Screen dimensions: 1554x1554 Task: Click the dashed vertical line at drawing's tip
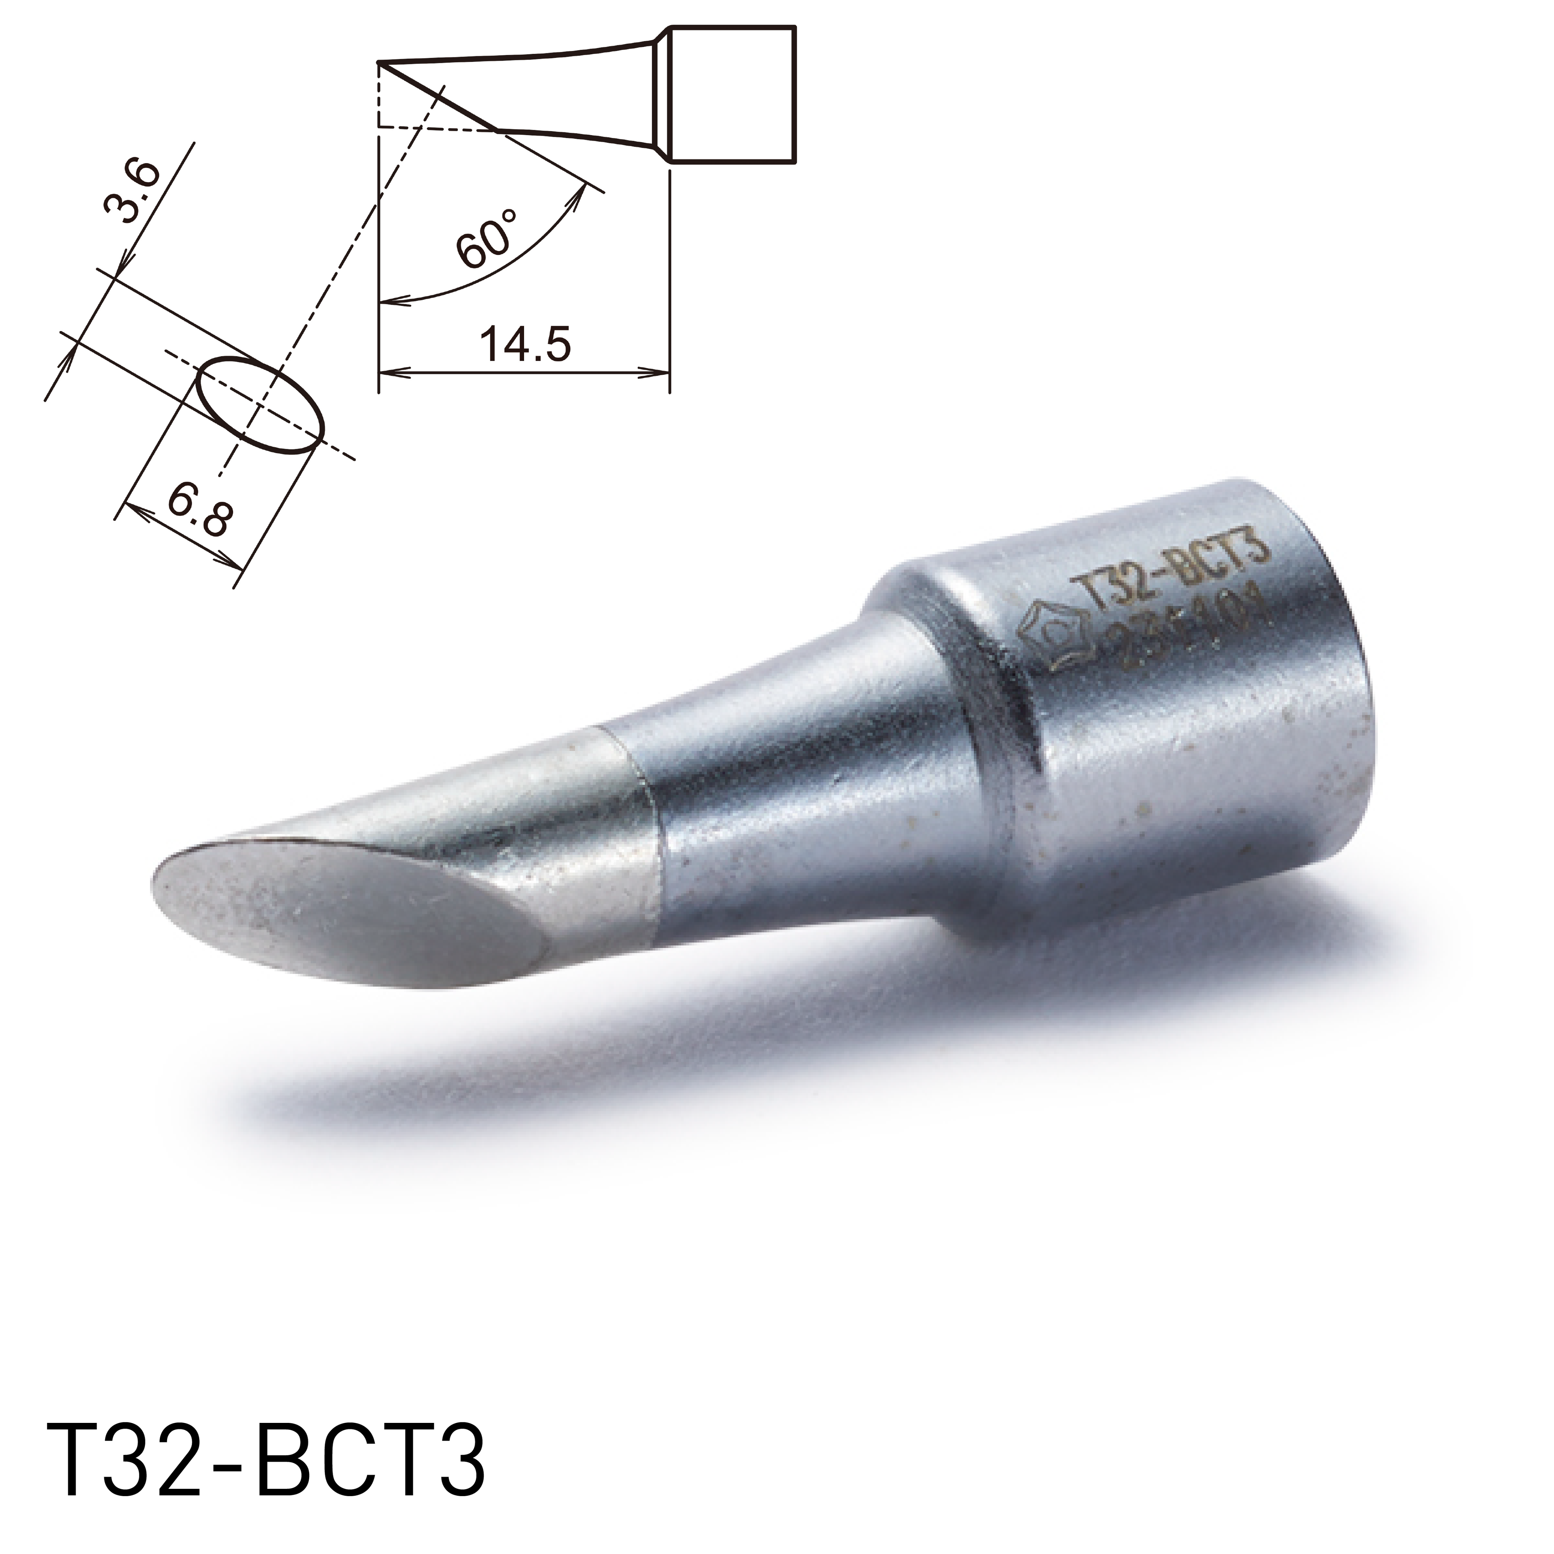point(378,97)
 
